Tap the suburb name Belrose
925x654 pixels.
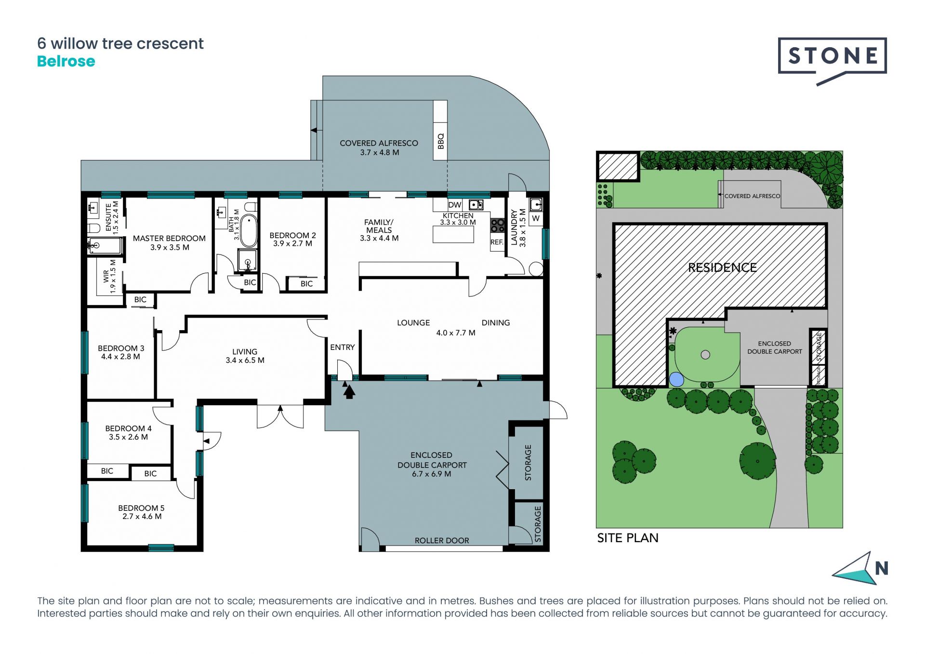point(66,62)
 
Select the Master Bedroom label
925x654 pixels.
point(169,238)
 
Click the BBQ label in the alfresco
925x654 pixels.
point(440,141)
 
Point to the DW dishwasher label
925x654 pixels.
point(455,205)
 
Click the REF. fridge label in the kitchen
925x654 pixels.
point(497,242)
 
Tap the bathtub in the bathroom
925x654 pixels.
point(248,231)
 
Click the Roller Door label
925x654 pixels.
point(442,540)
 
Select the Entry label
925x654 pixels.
point(342,347)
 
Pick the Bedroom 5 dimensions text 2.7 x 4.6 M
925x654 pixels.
point(142,516)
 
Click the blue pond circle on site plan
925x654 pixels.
point(676,380)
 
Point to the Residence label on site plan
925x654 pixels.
point(722,267)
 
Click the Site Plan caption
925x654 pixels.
point(627,538)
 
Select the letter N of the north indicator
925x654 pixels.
point(882,569)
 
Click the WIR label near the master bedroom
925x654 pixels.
point(106,276)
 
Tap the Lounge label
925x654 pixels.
point(413,323)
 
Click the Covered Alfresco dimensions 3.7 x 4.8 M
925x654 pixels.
point(380,152)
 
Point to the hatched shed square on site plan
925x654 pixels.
point(618,167)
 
